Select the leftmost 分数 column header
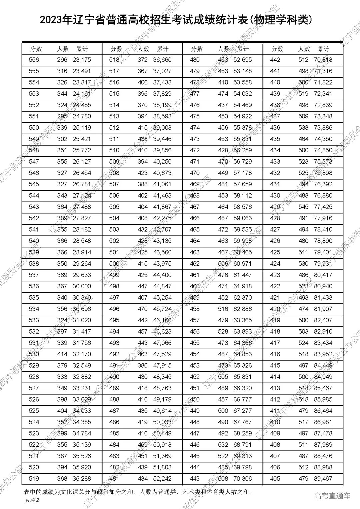[x=36, y=49]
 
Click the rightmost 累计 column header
[x=323, y=49]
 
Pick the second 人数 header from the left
[x=143, y=49]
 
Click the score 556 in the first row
[x=34, y=60]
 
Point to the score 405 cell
[x=275, y=479]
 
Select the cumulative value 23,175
[x=82, y=60]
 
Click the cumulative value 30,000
[x=82, y=286]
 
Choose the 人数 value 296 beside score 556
[x=62, y=60]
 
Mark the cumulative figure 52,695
[x=243, y=60]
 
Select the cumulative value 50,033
[x=162, y=422]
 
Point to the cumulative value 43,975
[x=162, y=264]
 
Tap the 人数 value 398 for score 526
[x=62, y=399]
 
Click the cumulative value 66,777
[x=243, y=399]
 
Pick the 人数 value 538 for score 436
[x=303, y=128]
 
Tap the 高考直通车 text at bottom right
[x=332, y=496]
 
